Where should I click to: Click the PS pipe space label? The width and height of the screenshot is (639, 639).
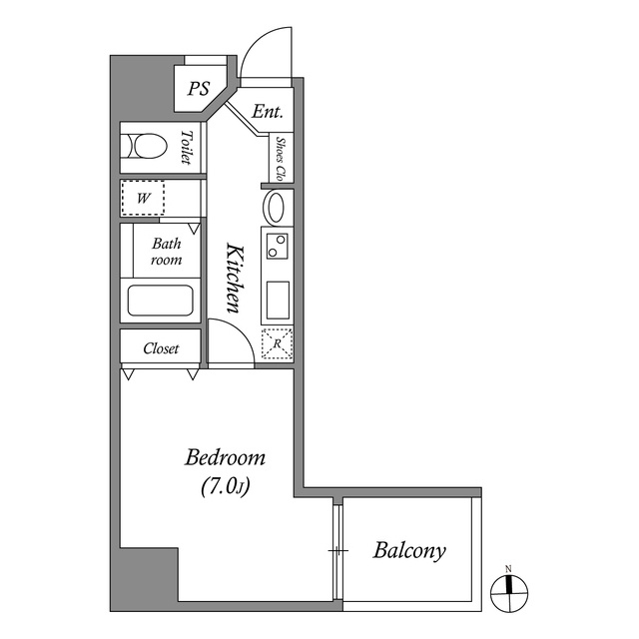point(199,89)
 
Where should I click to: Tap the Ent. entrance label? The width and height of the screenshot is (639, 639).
point(267,111)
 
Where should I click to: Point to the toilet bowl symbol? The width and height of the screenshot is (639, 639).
point(147,146)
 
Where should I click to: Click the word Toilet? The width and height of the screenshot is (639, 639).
point(187,147)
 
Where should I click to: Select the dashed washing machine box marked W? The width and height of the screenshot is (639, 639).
point(143,198)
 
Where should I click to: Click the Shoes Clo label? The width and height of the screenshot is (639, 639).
point(281,159)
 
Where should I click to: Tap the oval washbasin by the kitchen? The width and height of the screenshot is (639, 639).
point(276,207)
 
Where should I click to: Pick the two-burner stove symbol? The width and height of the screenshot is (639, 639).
point(278,246)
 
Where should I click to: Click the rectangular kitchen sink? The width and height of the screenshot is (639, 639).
point(278,301)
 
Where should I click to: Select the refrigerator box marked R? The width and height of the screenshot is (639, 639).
point(278,343)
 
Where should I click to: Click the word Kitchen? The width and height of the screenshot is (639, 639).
point(236,279)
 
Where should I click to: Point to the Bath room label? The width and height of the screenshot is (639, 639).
point(167,252)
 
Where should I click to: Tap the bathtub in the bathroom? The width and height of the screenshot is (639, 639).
point(160,301)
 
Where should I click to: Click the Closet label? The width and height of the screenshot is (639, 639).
point(161,348)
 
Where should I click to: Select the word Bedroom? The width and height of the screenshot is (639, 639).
point(225,457)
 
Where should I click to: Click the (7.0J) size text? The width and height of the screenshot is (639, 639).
point(225,486)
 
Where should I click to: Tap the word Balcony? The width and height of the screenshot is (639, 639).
point(409,551)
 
